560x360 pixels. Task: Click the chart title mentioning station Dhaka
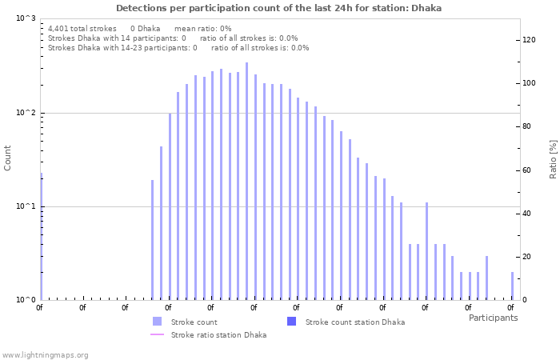278,8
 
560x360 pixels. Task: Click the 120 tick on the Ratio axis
529,40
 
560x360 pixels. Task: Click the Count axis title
8,158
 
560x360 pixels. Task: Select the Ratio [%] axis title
553,158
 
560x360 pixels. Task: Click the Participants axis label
493,318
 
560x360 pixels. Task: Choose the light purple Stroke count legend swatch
157,322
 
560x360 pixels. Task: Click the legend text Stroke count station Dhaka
354,322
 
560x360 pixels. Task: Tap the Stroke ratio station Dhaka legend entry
218,335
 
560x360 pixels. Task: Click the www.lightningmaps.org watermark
45,355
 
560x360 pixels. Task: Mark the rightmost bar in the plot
513,286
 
